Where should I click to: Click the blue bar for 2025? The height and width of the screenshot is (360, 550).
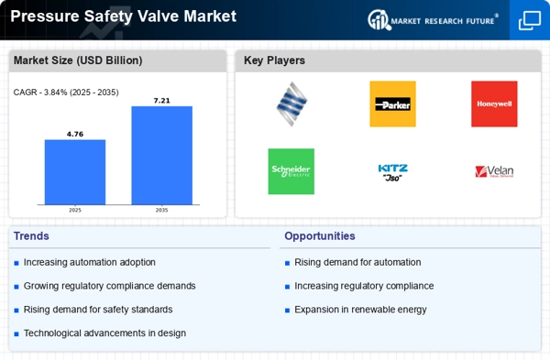(x=75, y=172)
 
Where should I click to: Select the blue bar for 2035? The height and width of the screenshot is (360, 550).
(x=161, y=156)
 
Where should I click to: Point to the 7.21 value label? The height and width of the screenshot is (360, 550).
(x=161, y=101)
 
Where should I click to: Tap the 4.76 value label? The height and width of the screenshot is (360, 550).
(x=75, y=135)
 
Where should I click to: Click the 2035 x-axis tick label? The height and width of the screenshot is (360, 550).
(x=161, y=211)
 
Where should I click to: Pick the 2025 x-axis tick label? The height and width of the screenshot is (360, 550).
(x=75, y=211)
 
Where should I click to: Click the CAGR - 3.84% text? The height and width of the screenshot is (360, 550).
(x=39, y=93)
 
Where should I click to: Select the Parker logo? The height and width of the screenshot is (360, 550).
(x=393, y=104)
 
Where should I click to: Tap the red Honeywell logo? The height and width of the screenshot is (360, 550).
(x=494, y=104)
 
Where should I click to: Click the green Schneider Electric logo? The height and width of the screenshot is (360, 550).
(x=291, y=171)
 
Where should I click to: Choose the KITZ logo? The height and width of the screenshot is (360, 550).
(x=393, y=172)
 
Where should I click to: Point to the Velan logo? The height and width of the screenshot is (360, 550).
(x=494, y=171)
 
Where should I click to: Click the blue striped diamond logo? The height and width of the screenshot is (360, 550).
(x=291, y=104)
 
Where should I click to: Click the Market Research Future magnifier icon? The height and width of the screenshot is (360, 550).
(x=379, y=19)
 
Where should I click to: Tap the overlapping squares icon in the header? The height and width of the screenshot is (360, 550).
(x=530, y=20)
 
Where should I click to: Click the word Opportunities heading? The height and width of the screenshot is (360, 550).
(x=320, y=236)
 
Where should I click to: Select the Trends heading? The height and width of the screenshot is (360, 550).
(x=31, y=236)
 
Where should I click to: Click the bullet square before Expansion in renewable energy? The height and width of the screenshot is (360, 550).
(x=287, y=311)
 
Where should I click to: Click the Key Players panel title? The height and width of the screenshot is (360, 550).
(x=274, y=60)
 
